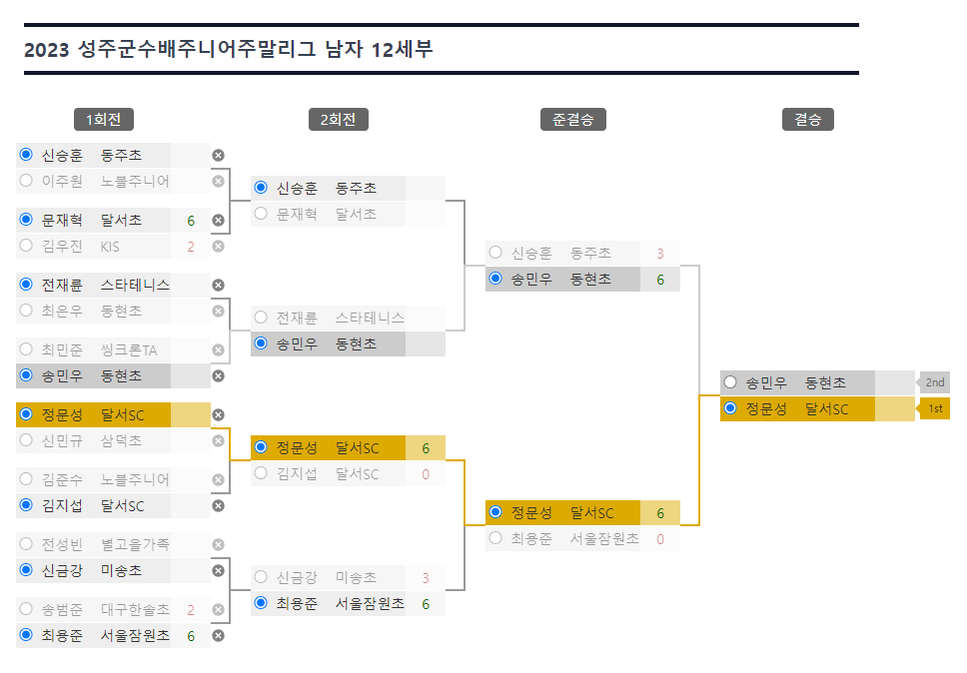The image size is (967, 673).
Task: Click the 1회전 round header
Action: coord(104,120)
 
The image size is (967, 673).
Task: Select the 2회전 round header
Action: coord(339,120)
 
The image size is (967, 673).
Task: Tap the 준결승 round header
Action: coord(573,120)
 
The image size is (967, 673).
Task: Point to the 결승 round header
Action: coord(808,120)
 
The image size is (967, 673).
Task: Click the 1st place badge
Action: coord(934,408)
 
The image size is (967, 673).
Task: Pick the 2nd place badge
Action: coord(934,382)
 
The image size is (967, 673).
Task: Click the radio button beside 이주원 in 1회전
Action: coord(26,181)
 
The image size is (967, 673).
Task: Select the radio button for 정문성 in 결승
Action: coord(730,408)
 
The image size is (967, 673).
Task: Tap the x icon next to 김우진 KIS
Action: coord(219,247)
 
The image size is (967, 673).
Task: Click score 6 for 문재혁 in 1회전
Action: coord(191,221)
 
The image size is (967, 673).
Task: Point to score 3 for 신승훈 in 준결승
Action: coord(660,254)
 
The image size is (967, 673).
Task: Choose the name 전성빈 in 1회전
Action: coord(62,545)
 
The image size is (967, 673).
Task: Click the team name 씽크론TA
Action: coord(129,350)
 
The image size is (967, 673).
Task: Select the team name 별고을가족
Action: coord(135,545)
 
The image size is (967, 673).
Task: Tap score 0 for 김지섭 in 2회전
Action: coord(426,474)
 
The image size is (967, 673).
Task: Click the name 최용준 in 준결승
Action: coord(531,538)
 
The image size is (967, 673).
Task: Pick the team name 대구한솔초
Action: coord(135,610)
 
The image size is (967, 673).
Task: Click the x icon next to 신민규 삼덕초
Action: coord(219,440)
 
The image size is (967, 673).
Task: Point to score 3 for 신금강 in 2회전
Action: coord(426,578)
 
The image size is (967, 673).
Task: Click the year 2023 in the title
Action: coord(46,49)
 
